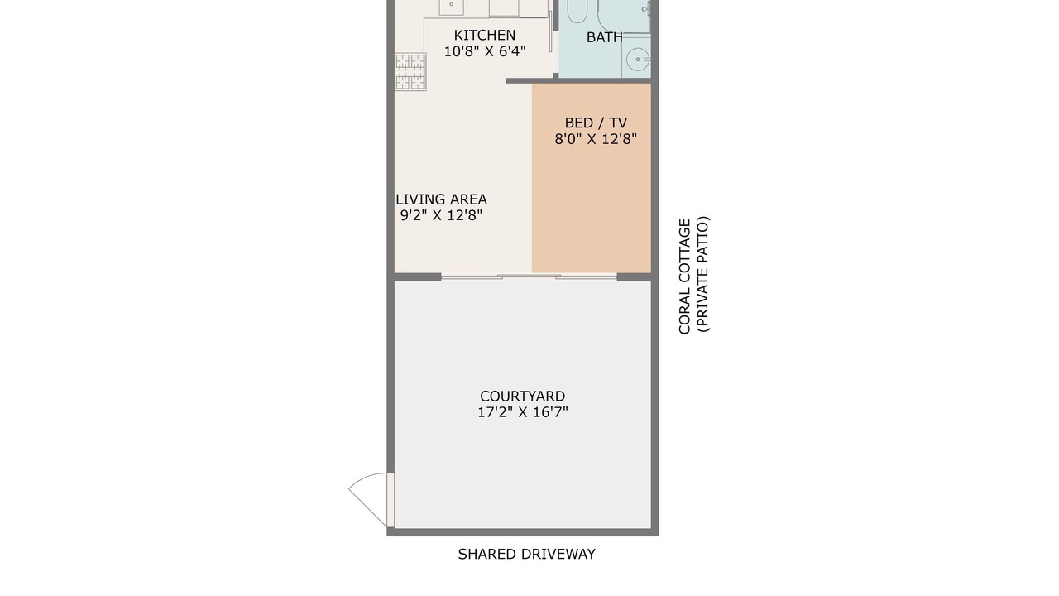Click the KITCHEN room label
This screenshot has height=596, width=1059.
pyautogui.click(x=485, y=35)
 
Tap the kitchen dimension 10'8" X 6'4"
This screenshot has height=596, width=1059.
pyautogui.click(x=485, y=51)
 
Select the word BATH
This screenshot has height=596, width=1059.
pyautogui.click(x=604, y=37)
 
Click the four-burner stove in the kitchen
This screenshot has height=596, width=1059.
pyautogui.click(x=410, y=71)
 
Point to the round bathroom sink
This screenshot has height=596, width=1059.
pyautogui.click(x=637, y=60)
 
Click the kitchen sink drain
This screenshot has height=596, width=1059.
pyautogui.click(x=451, y=4)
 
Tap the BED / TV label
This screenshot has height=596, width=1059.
pyautogui.click(x=596, y=123)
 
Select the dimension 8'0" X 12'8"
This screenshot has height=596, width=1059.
pyautogui.click(x=596, y=139)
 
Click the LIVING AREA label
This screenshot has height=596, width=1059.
pyautogui.click(x=441, y=199)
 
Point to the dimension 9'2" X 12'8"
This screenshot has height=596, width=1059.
pyautogui.click(x=441, y=216)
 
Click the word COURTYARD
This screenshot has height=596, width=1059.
pyautogui.click(x=522, y=396)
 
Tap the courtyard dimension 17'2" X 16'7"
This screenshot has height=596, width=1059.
pyautogui.click(x=522, y=412)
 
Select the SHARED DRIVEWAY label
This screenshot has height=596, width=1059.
pyautogui.click(x=527, y=554)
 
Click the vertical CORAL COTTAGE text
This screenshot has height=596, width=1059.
pyautogui.click(x=684, y=276)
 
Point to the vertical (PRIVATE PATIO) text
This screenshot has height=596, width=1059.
pyautogui.click(x=702, y=274)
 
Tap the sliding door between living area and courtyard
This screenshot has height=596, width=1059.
pyautogui.click(x=529, y=276)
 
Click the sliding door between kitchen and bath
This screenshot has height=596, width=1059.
pyautogui.click(x=551, y=31)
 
